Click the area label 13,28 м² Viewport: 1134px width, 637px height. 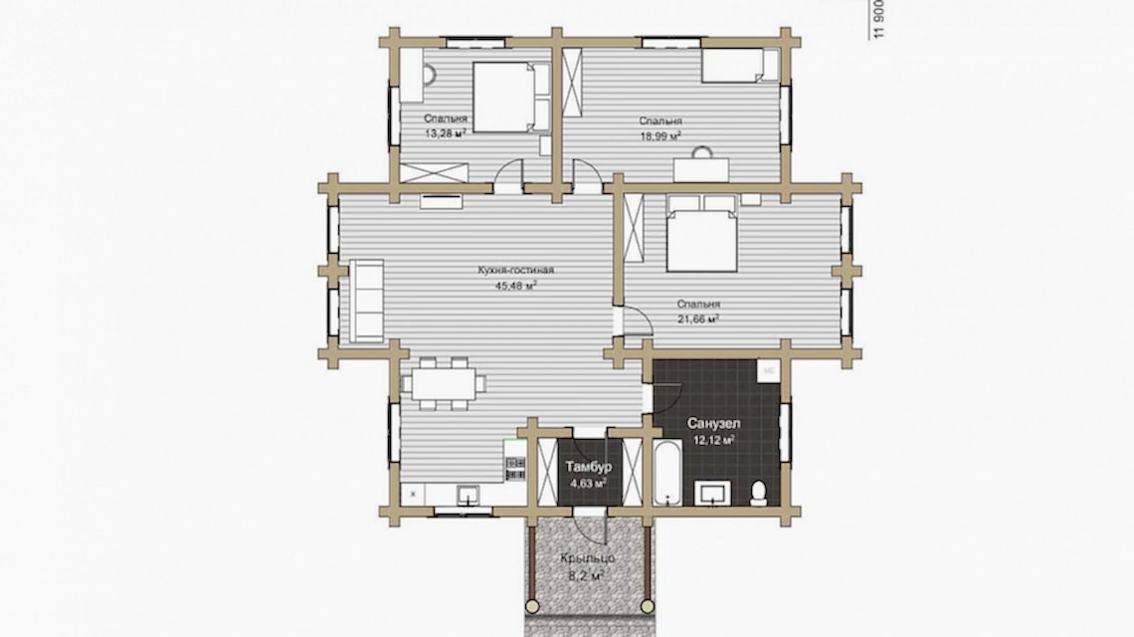[445, 132]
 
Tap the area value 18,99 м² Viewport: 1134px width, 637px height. [661, 134]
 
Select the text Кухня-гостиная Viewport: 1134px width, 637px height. [515, 270]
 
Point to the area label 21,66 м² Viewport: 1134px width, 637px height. [698, 318]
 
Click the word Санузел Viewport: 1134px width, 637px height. [712, 423]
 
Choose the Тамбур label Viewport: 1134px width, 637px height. [589, 467]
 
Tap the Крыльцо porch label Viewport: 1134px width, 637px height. [588, 558]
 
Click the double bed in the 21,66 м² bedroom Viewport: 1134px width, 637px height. [701, 234]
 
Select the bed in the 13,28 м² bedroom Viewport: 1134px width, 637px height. [509, 97]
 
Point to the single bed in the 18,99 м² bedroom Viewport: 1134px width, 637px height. [739, 67]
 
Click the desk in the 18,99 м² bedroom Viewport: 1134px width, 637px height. [701, 169]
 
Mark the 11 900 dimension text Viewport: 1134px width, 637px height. [878, 20]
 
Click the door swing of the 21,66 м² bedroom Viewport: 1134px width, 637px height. [634, 320]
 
